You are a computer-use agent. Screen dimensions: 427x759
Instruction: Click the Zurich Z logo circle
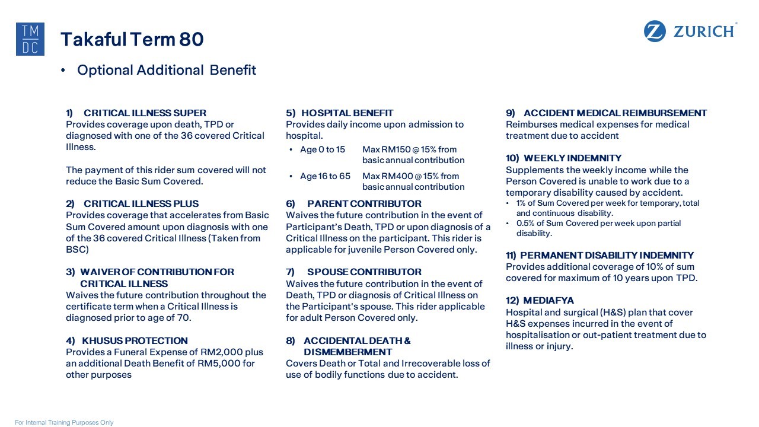pyautogui.click(x=655, y=31)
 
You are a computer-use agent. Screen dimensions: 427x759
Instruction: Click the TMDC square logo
pyautogui.click(x=30, y=39)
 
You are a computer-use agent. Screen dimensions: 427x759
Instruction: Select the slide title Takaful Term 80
pyautogui.click(x=132, y=39)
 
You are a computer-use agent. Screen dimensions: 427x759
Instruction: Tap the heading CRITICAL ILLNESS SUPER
pyautogui.click(x=145, y=113)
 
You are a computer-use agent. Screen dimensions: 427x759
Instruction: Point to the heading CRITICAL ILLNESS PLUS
pyautogui.click(x=141, y=203)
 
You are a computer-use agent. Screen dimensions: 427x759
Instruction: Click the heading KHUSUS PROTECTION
pyautogui.click(x=135, y=340)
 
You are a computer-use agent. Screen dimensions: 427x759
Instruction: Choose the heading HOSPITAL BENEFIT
pyautogui.click(x=347, y=113)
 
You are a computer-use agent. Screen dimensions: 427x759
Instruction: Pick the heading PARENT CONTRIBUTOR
pyautogui.click(x=364, y=203)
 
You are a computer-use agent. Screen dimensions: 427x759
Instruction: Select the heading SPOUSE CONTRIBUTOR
pyautogui.click(x=364, y=272)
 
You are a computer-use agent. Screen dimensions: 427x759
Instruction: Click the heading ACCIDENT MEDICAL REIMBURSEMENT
pyautogui.click(x=615, y=113)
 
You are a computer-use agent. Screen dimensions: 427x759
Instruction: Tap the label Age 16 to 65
pyautogui.click(x=325, y=176)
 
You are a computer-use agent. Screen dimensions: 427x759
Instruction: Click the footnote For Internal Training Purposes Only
pyautogui.click(x=64, y=422)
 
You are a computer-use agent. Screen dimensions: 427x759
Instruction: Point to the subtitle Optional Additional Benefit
pyautogui.click(x=167, y=70)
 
